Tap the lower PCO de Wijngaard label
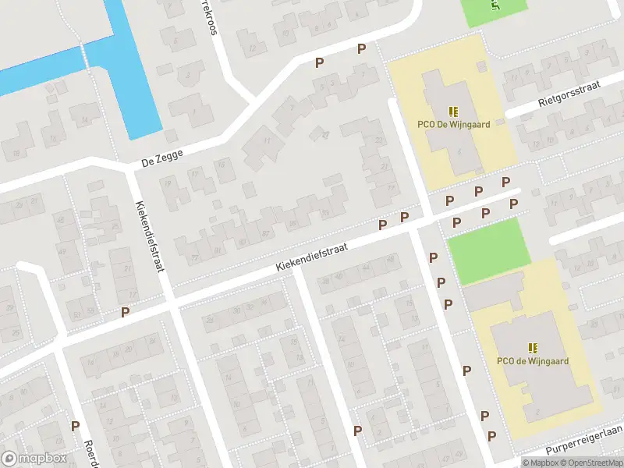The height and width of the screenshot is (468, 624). click(533, 361)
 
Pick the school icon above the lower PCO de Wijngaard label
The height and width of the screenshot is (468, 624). click(533, 348)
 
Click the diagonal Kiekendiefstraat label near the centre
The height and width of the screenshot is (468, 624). click(310, 257)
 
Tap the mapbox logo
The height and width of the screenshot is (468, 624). click(35, 458)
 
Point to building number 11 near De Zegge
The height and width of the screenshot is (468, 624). click(266, 141)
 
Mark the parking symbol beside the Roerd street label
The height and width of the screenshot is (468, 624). click(76, 426)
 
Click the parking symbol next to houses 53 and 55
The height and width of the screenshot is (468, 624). click(125, 312)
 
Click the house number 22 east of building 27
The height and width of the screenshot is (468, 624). click(380, 140)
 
